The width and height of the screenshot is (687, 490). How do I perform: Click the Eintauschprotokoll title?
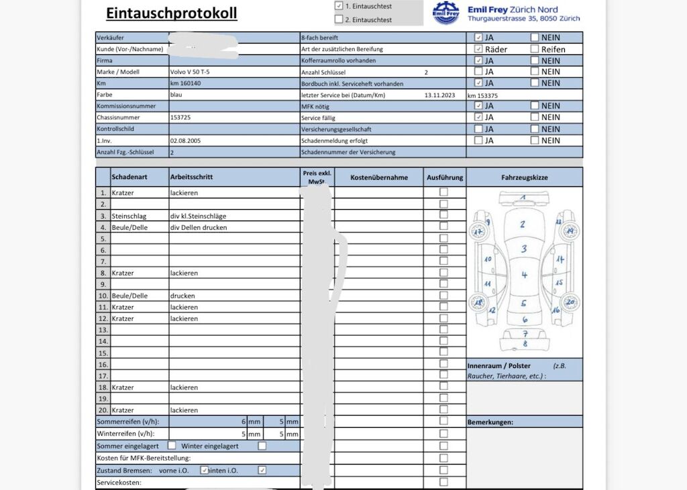tap(171, 13)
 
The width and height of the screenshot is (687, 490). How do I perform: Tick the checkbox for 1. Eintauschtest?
tap(339, 5)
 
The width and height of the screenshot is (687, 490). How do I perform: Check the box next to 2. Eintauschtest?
tap(339, 19)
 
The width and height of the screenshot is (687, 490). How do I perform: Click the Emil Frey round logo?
tap(446, 13)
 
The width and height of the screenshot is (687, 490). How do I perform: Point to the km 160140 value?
tap(186, 83)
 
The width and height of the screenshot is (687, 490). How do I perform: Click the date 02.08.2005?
tap(186, 141)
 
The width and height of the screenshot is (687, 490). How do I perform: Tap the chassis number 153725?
tap(181, 117)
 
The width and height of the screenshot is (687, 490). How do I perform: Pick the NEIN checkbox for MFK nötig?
tap(535, 106)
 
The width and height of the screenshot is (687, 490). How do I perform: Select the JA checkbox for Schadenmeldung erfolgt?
tap(478, 141)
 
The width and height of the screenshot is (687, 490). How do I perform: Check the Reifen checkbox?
tap(535, 49)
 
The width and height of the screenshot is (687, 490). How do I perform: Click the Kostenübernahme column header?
tap(379, 178)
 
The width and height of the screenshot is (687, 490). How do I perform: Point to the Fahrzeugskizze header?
tap(525, 178)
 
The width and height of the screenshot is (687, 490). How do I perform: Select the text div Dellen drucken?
tap(199, 227)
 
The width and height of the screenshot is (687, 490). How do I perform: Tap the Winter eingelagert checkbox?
tap(262, 446)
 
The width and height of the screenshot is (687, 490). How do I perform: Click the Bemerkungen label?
tap(490, 422)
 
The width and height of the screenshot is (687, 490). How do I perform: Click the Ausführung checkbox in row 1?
tap(443, 192)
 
